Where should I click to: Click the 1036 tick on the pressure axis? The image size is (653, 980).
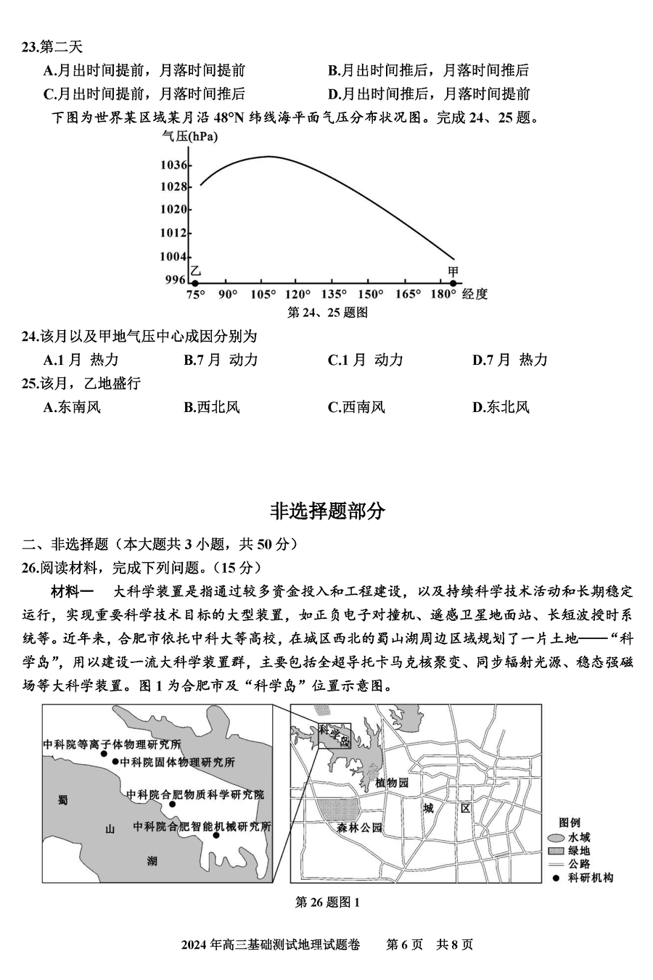pyautogui.click(x=176, y=165)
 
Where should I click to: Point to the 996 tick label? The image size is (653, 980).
pyautogui.click(x=176, y=280)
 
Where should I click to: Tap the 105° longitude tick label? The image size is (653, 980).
pyautogui.click(x=263, y=294)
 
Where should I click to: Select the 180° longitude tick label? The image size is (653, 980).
pyautogui.click(x=443, y=294)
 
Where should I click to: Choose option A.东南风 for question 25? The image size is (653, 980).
pyautogui.click(x=72, y=407)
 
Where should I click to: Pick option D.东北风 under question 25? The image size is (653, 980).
pyautogui.click(x=501, y=407)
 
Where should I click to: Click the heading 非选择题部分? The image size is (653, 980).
pyautogui.click(x=327, y=511)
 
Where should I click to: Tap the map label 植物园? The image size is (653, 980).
pyautogui.click(x=393, y=783)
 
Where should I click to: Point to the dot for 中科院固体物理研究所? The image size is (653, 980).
pyautogui.click(x=115, y=762)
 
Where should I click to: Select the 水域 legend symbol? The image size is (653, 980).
pyautogui.click(x=556, y=837)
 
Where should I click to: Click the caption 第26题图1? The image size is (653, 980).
pyautogui.click(x=327, y=902)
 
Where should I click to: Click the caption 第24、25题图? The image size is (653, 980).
pyautogui.click(x=327, y=313)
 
